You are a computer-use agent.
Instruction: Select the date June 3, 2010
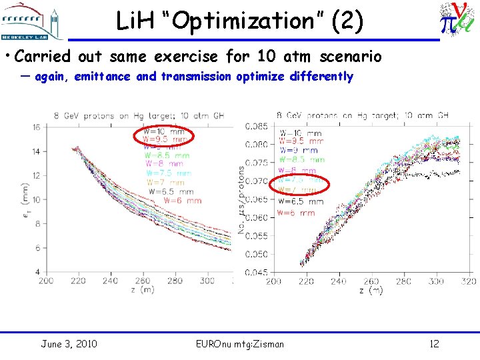pos(69,344)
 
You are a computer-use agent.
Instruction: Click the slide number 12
pos(433,344)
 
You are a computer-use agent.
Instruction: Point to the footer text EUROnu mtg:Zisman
pos(239,344)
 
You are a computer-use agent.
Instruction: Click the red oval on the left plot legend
pos(163,137)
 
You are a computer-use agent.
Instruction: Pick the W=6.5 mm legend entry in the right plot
pos(301,201)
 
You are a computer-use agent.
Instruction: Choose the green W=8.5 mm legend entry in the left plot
pos(167,155)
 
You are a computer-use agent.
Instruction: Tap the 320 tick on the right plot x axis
pos(469,281)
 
